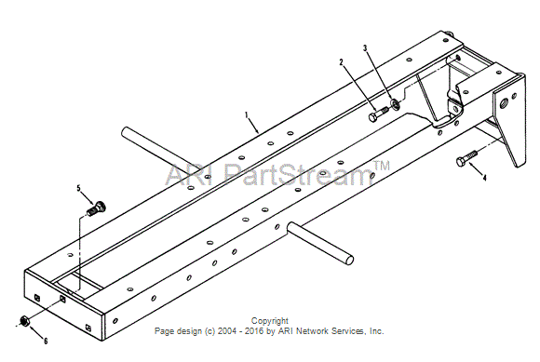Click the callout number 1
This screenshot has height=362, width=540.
246,115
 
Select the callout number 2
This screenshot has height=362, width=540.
342,62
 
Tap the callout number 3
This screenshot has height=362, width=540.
365,48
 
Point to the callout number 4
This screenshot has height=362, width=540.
484,178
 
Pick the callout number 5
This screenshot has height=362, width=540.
78,188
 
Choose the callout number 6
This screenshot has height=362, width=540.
46,341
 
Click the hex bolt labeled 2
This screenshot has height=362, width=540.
378,114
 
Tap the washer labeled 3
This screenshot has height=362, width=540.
395,104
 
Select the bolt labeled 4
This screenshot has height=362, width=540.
466,158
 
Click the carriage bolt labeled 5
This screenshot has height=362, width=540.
96,208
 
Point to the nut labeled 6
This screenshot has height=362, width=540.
24,320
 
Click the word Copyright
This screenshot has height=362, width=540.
270,321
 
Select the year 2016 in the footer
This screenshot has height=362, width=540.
254,331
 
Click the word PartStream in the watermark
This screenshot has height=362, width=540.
298,174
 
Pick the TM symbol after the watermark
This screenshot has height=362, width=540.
382,166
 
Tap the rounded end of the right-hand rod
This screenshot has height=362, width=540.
349,260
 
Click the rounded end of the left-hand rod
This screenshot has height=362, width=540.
126,132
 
